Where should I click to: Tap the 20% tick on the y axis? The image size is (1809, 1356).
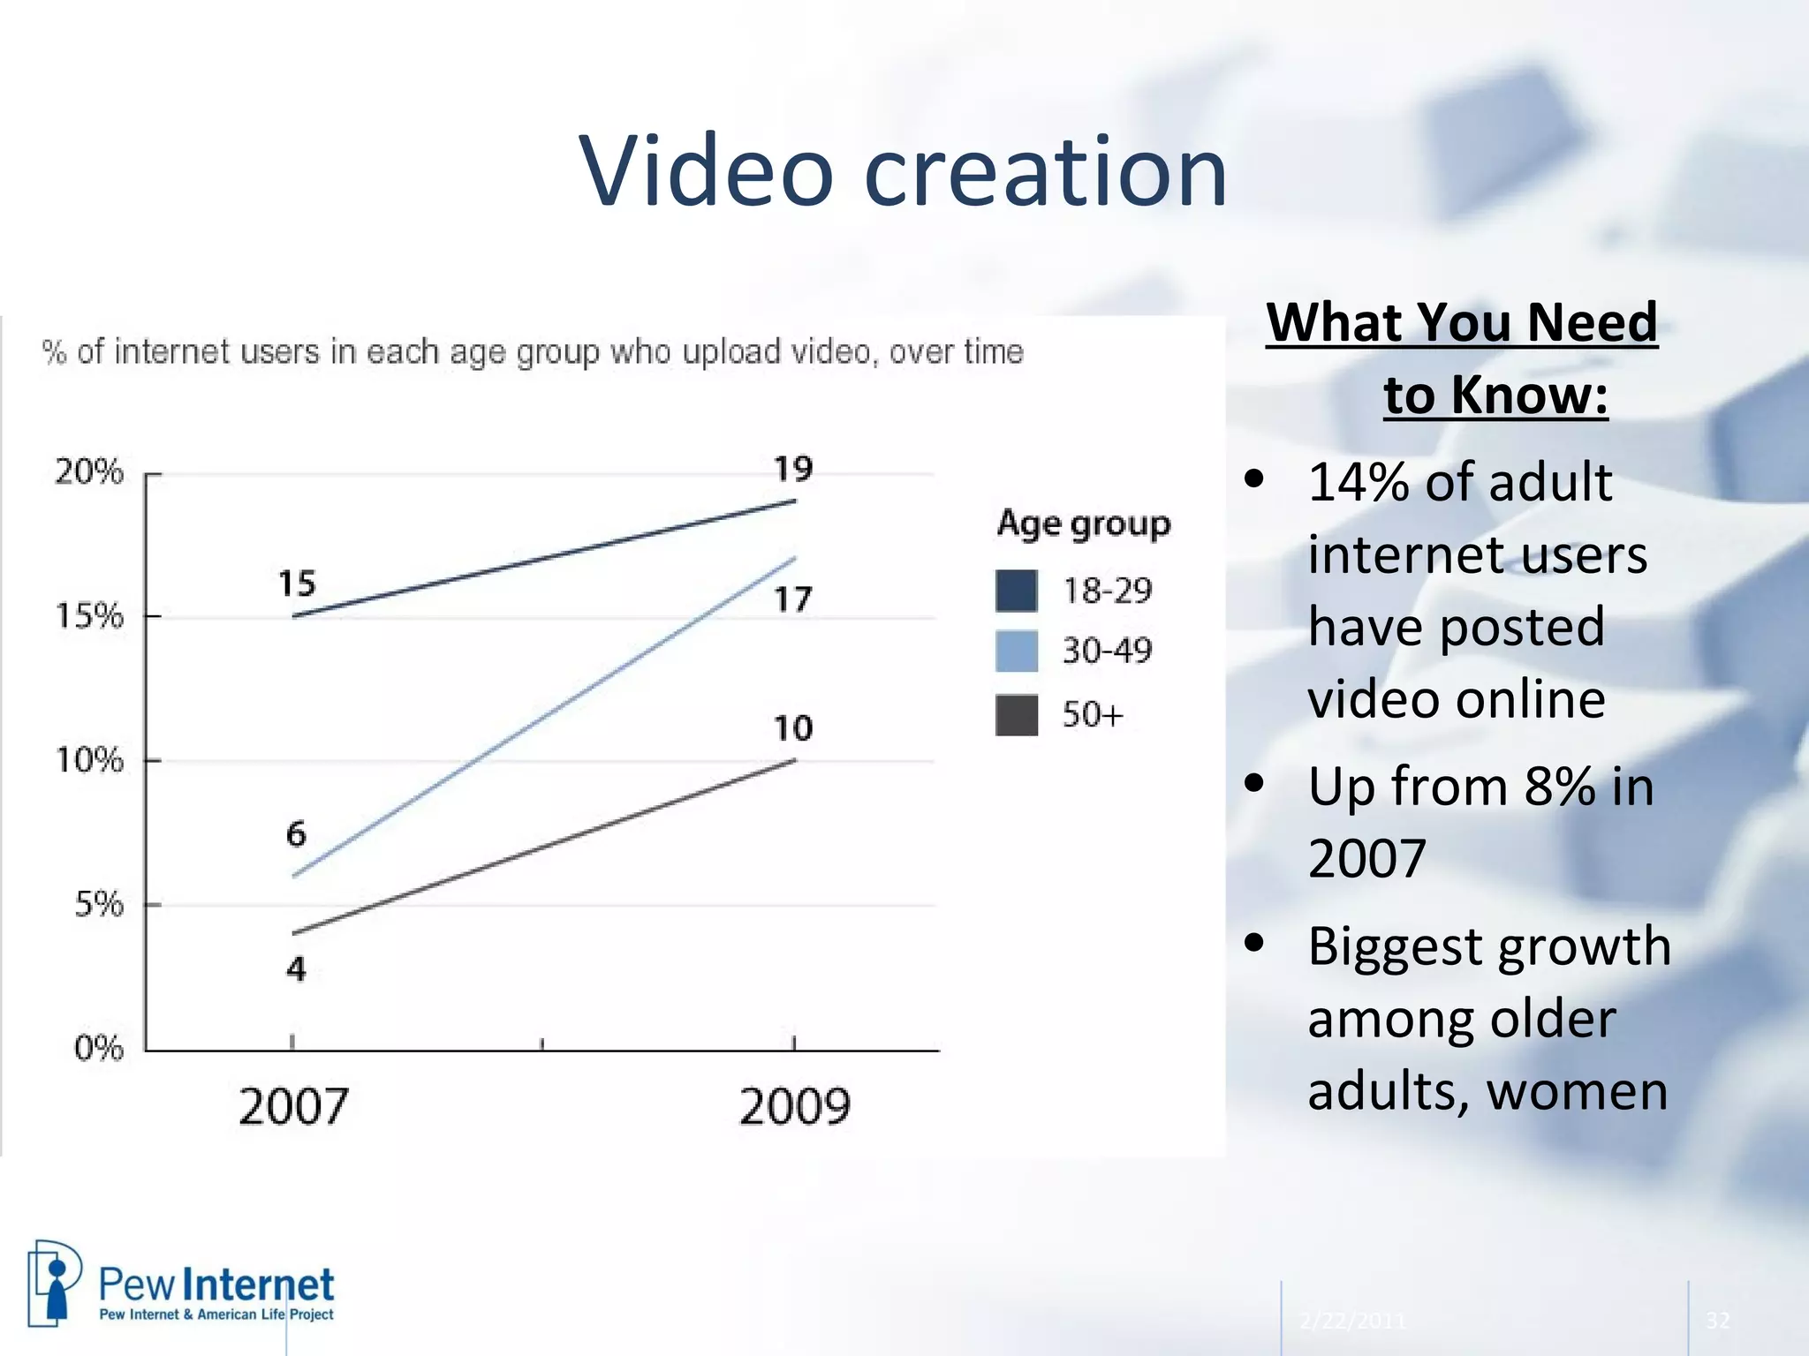tap(88, 472)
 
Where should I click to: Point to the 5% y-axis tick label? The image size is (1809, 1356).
tap(98, 904)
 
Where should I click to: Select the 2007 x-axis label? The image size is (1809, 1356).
tap(293, 1106)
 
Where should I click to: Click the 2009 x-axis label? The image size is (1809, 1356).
tap(794, 1106)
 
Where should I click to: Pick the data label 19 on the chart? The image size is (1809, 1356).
tap(792, 469)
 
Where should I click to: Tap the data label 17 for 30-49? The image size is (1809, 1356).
tap(792, 600)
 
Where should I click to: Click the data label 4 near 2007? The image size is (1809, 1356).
tap(296, 969)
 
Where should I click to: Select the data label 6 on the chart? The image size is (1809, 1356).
tap(296, 834)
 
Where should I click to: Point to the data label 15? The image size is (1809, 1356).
tap(296, 584)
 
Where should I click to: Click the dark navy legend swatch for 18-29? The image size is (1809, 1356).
tap(1016, 591)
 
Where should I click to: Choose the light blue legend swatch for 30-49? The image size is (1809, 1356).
tap(1016, 651)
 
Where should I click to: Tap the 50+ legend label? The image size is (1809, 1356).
tap(1092, 714)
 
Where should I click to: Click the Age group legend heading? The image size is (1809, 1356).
tap(1083, 524)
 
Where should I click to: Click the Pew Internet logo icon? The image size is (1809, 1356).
tap(54, 1283)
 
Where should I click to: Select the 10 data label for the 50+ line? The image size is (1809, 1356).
tap(792, 728)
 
